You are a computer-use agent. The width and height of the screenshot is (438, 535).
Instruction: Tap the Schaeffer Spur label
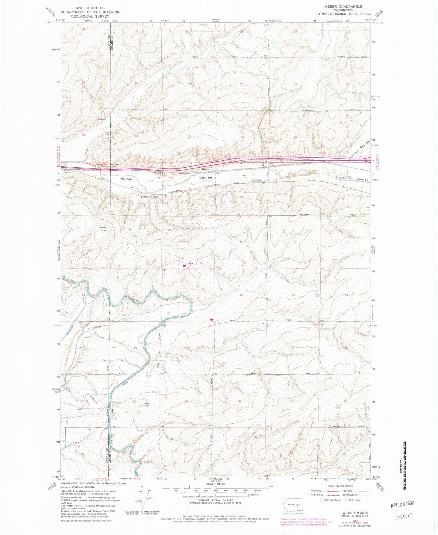[x=149, y=196]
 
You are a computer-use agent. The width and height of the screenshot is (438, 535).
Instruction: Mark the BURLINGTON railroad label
[x=175, y=192]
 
